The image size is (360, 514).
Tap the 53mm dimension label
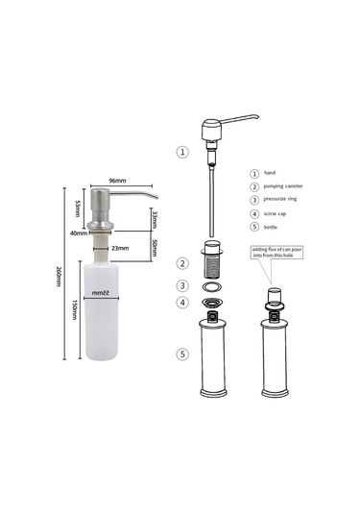(79, 208)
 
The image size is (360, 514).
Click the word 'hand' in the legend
(269, 173)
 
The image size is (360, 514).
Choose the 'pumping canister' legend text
(284, 186)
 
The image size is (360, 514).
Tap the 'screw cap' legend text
(276, 213)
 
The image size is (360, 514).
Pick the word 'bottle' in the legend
(272, 227)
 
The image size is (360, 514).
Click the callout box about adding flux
(275, 253)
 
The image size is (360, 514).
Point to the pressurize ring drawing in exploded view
(212, 286)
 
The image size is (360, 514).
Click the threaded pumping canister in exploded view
(212, 259)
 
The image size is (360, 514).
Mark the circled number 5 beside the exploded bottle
(182, 354)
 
